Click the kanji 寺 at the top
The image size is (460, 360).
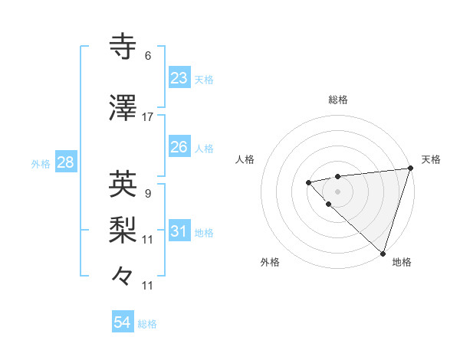click(x=123, y=47)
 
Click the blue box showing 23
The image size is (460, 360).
click(x=179, y=78)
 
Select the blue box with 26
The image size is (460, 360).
click(x=179, y=147)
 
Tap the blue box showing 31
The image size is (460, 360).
click(x=179, y=231)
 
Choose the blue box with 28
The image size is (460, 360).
click(x=64, y=162)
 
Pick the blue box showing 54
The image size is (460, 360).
click(x=123, y=323)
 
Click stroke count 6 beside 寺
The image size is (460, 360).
click(x=147, y=56)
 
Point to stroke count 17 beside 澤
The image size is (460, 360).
click(x=148, y=117)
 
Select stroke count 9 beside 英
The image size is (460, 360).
click(x=147, y=193)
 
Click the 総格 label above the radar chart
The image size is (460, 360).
click(x=337, y=100)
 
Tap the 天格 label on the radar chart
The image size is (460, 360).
click(x=431, y=159)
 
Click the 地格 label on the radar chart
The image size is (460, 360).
click(x=402, y=262)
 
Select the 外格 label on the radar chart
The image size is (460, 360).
click(x=270, y=262)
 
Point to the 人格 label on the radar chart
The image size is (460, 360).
click(x=245, y=159)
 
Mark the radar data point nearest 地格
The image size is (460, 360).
click(x=383, y=253)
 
